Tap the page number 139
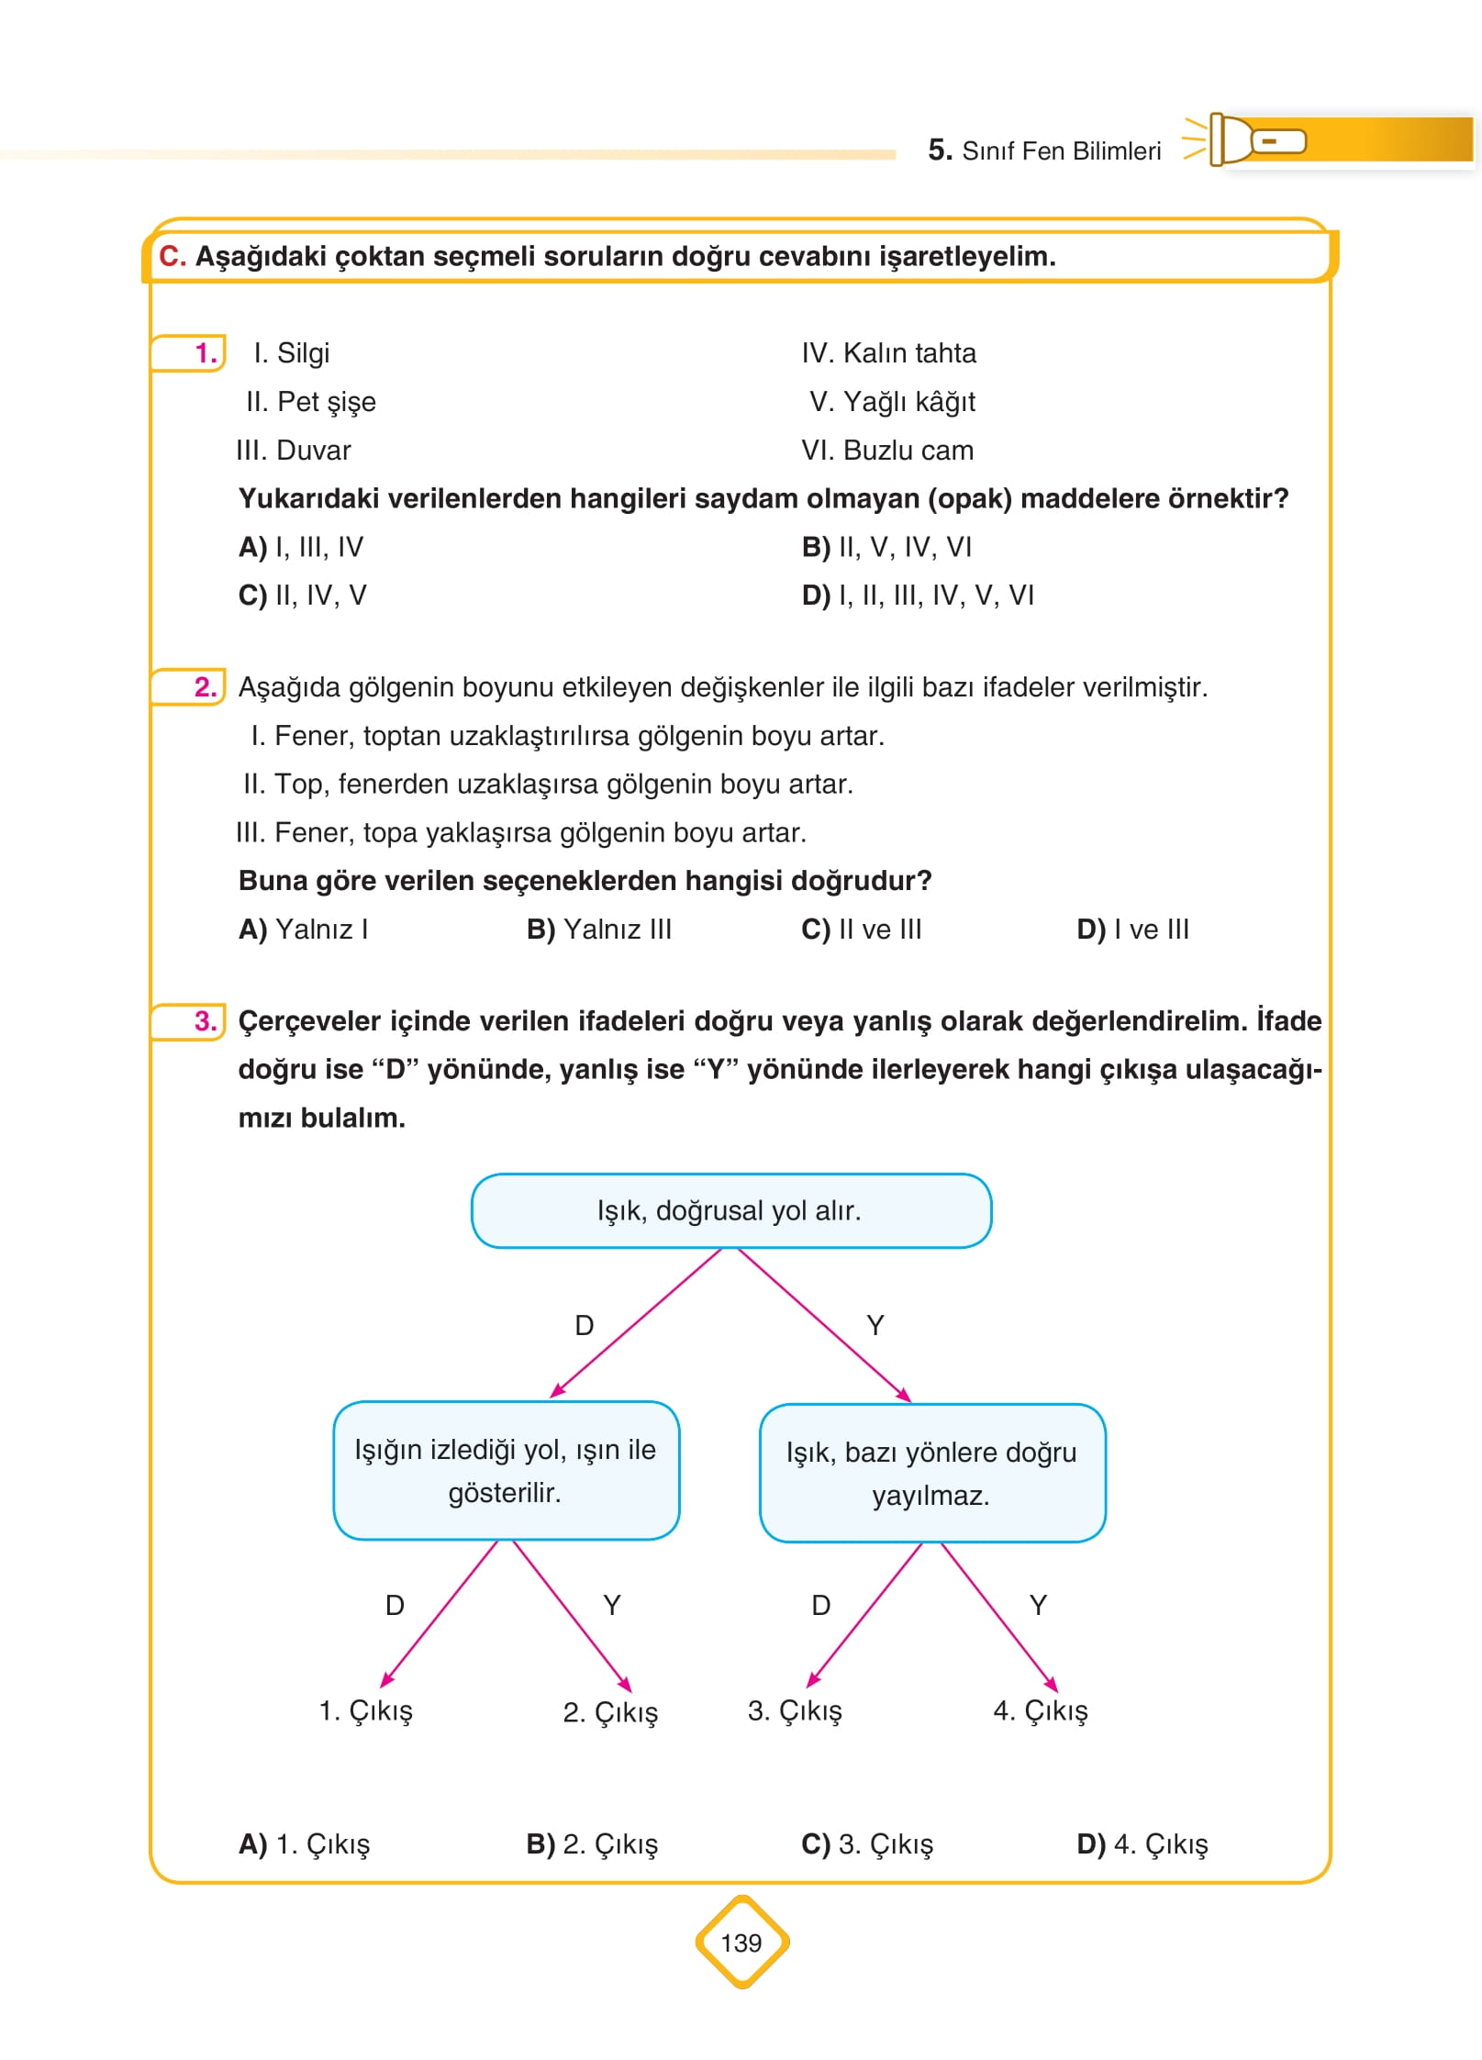click(741, 1943)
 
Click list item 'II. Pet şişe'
click(310, 402)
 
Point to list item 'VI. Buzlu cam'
click(886, 451)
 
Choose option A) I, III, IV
click(300, 548)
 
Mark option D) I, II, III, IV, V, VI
click(917, 596)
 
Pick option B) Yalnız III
click(598, 930)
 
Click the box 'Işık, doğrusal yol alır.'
click(730, 1210)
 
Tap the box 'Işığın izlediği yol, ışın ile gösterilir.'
click(506, 1470)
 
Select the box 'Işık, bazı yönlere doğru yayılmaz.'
click(931, 1473)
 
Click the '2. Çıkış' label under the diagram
click(610, 1712)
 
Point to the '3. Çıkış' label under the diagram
click(795, 1710)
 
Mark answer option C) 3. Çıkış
click(866, 1844)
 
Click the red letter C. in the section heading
click(172, 257)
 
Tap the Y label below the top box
click(875, 1325)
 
